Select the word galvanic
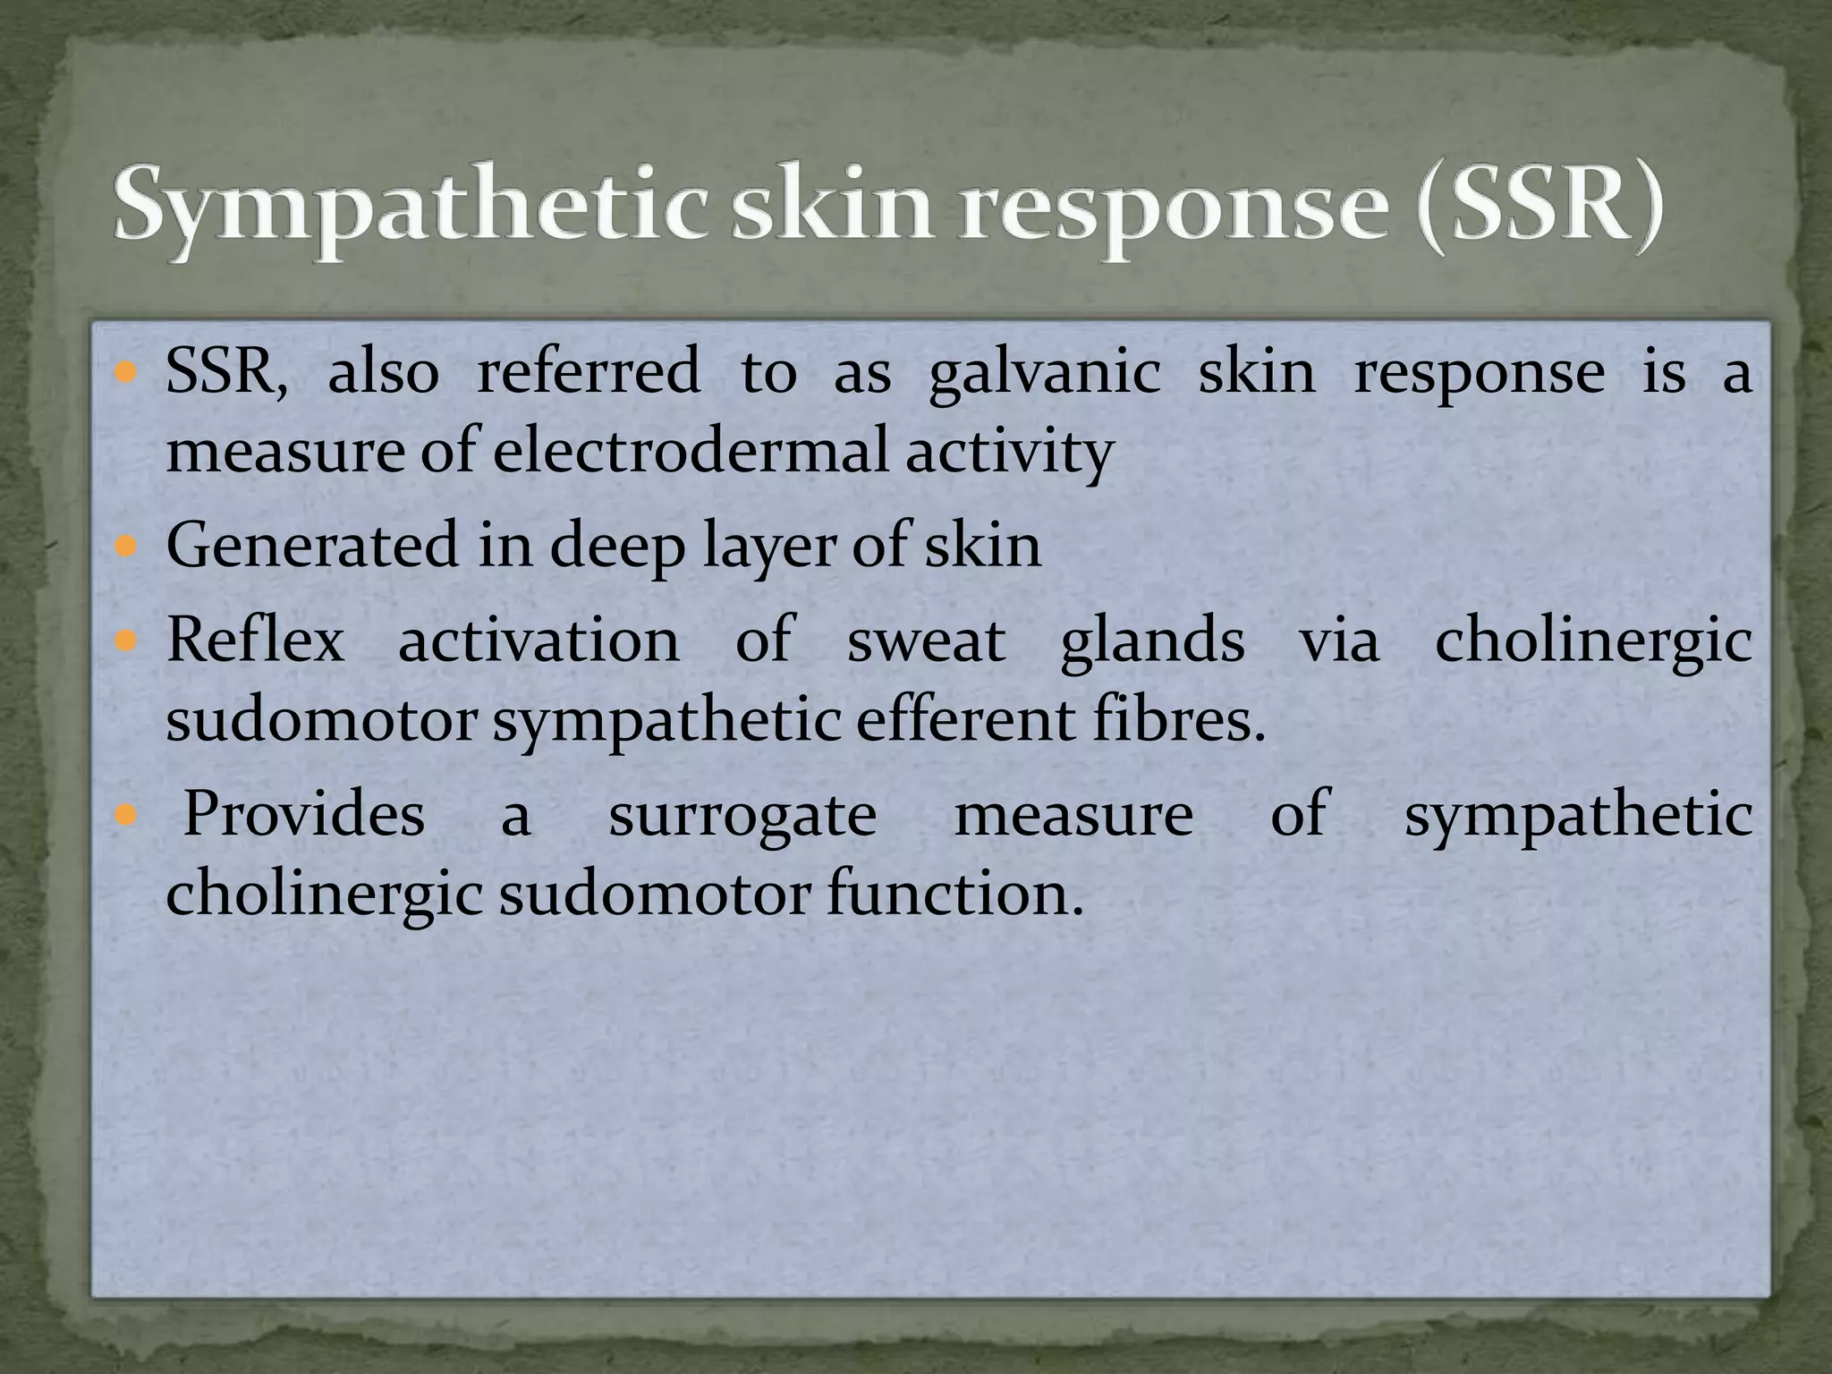tap(1044, 374)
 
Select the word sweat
tap(926, 641)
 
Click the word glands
tap(1152, 641)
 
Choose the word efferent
tap(965, 720)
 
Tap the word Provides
tap(304, 815)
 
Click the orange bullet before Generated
tap(125, 545)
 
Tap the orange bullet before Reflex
tap(125, 640)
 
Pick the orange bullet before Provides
tap(125, 815)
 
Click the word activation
tap(539, 641)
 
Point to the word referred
tap(589, 372)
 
